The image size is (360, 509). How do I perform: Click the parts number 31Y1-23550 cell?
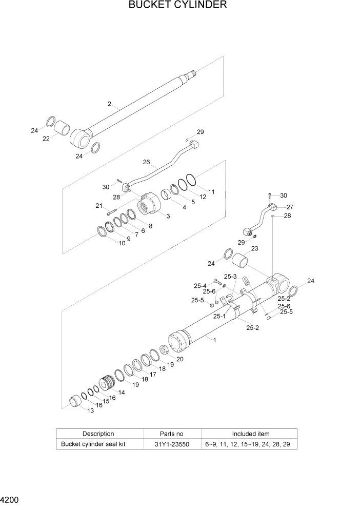(172, 444)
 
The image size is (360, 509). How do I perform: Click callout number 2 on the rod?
(109, 104)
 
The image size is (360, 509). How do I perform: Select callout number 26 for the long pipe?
(146, 162)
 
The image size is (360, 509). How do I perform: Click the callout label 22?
(46, 138)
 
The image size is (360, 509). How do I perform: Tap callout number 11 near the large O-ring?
(211, 192)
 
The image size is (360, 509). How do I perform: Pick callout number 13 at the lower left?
(90, 411)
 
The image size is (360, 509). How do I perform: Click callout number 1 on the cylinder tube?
(214, 340)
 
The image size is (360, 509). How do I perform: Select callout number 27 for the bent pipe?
(289, 207)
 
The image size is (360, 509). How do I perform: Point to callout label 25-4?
(200, 286)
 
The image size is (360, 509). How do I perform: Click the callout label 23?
(254, 249)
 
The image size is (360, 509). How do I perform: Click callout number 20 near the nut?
(179, 359)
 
